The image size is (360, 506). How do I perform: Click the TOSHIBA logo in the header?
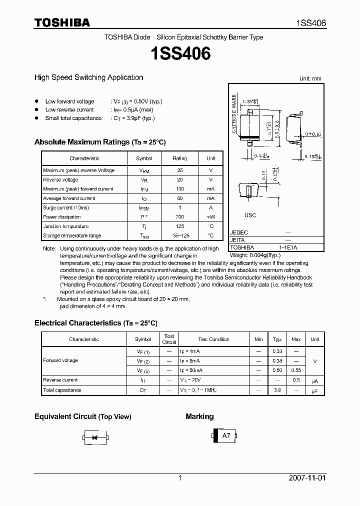(62, 22)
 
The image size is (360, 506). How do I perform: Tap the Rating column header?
(179, 158)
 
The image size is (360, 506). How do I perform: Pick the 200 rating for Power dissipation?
(179, 217)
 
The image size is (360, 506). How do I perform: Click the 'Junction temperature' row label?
(66, 226)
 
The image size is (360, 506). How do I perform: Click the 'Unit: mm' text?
(310, 79)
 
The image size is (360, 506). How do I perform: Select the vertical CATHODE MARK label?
(233, 114)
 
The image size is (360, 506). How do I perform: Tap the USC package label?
(250, 215)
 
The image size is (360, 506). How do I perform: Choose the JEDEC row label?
(239, 232)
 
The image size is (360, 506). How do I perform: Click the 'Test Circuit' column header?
(169, 339)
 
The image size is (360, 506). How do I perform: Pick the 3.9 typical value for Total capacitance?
(277, 390)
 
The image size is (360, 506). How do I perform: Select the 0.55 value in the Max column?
(296, 370)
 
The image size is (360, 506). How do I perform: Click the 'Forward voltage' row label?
(60, 360)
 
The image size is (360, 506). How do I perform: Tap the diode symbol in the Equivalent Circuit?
(93, 437)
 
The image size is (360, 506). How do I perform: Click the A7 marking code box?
(226, 435)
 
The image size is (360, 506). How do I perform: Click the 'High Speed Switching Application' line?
(88, 77)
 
